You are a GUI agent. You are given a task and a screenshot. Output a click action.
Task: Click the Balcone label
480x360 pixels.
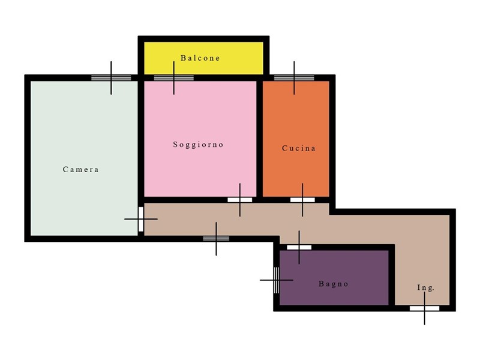(200, 58)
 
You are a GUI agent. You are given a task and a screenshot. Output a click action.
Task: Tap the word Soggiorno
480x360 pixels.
(198, 145)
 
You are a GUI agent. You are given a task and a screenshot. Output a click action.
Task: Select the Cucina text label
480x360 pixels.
(298, 148)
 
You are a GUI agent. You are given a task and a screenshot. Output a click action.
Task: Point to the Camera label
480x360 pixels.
(80, 169)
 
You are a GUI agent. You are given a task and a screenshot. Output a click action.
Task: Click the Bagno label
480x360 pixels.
(334, 284)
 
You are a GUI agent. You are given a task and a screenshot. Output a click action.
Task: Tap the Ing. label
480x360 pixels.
(425, 288)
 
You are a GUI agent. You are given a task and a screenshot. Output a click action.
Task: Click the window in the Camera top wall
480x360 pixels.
(111, 78)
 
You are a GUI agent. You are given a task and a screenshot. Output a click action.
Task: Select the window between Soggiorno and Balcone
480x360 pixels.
(174, 78)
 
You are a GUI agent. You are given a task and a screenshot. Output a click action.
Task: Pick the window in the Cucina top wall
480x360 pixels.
(294, 78)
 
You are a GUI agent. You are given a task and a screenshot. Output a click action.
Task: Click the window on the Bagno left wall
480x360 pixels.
(277, 280)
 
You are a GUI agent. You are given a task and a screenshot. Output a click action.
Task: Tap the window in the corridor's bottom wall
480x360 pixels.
(216, 239)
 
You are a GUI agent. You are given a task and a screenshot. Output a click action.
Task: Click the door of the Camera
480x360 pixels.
(141, 219)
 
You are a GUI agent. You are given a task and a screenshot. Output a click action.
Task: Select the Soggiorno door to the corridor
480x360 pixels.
(239, 200)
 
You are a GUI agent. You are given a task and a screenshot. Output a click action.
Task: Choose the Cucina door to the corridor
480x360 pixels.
(302, 200)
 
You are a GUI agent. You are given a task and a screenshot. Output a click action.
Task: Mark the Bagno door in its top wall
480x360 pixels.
(299, 247)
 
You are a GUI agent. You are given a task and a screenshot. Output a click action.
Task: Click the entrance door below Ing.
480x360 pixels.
(425, 308)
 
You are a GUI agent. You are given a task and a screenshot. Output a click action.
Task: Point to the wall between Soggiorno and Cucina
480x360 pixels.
(260, 139)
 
